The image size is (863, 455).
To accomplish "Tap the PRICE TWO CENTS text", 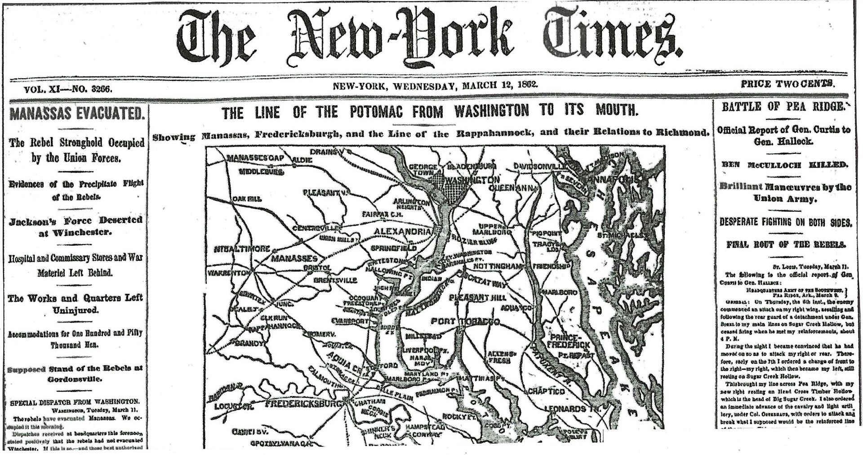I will tap(788, 83).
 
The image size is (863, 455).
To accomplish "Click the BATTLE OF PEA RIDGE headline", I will tap(782, 107).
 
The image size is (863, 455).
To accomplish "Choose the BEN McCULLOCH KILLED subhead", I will tap(785, 165).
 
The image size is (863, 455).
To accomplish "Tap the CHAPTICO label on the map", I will tap(546, 391).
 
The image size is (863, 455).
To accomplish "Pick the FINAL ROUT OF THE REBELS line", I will tap(786, 245).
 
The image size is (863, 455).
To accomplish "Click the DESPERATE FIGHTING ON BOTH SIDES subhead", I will tap(785, 222).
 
